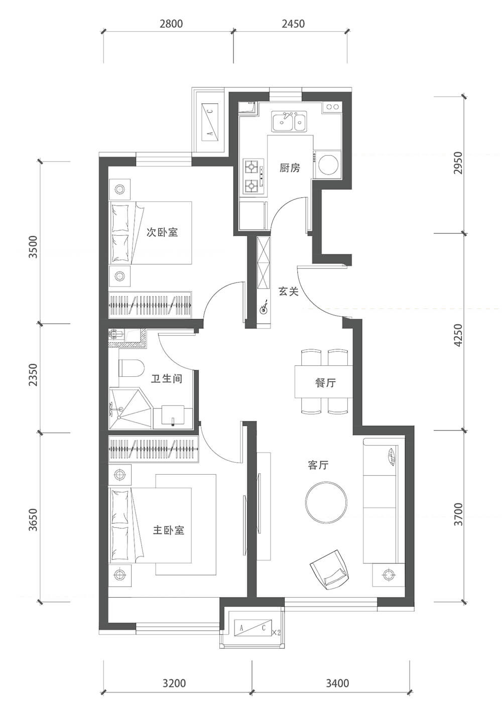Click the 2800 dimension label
point(171,24)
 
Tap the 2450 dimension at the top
point(293,24)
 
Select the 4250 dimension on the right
point(458,335)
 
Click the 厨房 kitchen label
point(290,168)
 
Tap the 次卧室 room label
point(162,232)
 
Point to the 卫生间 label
point(167,378)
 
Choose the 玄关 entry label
point(289,292)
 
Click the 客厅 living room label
point(318,465)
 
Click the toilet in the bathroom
point(132,368)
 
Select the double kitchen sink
point(289,121)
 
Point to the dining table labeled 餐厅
point(323,381)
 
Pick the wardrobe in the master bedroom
point(154,449)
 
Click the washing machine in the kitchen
point(328,164)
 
